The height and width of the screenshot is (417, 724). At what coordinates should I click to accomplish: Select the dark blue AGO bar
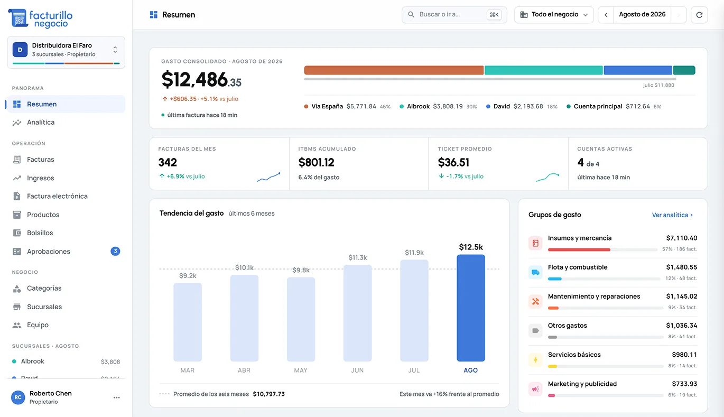(470, 308)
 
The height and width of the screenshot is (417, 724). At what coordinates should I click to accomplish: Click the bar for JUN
(357, 313)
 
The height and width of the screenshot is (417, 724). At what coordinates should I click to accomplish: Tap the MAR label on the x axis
(188, 370)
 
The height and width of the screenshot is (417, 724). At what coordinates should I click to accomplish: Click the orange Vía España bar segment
(394, 70)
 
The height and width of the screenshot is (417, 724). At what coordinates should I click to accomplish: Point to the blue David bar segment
(638, 70)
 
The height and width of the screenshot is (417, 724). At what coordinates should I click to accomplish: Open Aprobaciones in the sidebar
(49, 251)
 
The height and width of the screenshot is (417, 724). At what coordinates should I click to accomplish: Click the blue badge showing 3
(115, 251)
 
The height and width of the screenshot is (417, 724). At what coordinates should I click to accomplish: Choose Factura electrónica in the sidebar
(57, 196)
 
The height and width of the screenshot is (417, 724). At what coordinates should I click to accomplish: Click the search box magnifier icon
(411, 15)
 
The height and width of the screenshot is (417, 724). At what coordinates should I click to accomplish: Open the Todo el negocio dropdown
(554, 15)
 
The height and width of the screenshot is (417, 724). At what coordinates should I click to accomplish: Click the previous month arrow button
(606, 15)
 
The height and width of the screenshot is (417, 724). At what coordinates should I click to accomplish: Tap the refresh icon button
(699, 15)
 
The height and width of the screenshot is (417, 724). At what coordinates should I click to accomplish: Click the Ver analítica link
(672, 215)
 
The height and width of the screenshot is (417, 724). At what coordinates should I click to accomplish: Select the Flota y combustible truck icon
(535, 272)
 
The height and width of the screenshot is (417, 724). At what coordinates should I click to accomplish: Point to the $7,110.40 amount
(682, 238)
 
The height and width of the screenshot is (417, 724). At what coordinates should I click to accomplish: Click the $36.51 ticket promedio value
(453, 162)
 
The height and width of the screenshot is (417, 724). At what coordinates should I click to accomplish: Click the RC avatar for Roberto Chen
(18, 397)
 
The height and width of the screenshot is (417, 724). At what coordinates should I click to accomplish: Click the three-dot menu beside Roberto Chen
(117, 397)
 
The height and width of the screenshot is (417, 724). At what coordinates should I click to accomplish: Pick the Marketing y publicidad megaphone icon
(535, 389)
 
